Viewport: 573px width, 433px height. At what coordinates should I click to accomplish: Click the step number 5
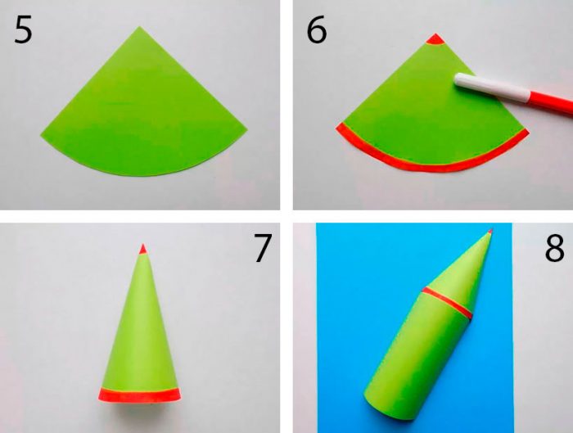[x=24, y=30]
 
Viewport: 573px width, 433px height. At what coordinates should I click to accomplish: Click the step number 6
[x=317, y=30]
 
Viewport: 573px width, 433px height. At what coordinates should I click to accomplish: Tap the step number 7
[x=263, y=249]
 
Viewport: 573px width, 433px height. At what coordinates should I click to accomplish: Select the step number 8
[x=554, y=249]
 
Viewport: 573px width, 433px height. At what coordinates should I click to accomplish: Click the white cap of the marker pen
[x=491, y=87]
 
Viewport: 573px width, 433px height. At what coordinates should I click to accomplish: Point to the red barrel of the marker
[x=550, y=106]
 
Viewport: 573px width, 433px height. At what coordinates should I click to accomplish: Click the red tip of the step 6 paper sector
[x=435, y=39]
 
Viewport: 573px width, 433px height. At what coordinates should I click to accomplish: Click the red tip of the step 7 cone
[x=143, y=250]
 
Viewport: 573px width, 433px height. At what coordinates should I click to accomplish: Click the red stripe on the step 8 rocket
[x=447, y=303]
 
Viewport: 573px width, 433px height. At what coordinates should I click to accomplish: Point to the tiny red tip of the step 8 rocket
[x=490, y=231]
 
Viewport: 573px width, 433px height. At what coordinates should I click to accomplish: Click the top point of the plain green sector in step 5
[x=139, y=27]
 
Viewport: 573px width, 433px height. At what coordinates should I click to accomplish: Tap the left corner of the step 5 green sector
[x=41, y=136]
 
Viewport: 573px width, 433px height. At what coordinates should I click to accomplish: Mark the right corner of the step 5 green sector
[x=247, y=129]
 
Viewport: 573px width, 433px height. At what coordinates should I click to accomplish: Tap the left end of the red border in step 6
[x=338, y=126]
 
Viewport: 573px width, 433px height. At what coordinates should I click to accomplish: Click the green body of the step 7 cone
[x=141, y=329]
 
